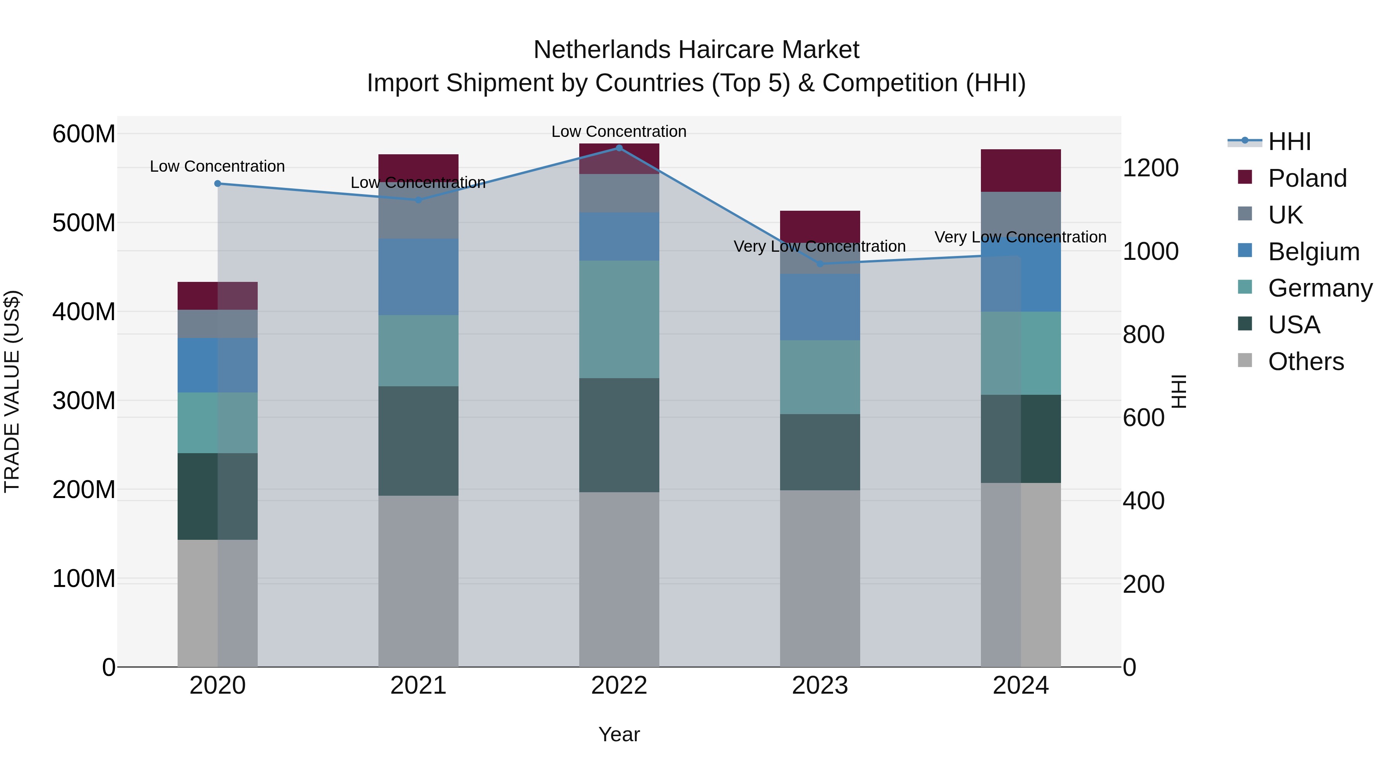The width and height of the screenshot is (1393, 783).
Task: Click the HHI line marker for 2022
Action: pyautogui.click(x=619, y=148)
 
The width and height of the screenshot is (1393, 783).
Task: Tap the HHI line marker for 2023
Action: pyautogui.click(x=820, y=264)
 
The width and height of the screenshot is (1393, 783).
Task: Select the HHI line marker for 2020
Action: pyautogui.click(x=217, y=184)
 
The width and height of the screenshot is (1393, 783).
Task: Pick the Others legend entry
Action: pyautogui.click(x=1306, y=362)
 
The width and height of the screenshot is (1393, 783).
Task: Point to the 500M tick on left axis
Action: pyautogui.click(x=84, y=223)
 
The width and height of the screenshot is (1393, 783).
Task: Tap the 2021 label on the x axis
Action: pyautogui.click(x=418, y=686)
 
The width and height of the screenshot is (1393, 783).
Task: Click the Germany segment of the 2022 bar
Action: pyautogui.click(x=619, y=319)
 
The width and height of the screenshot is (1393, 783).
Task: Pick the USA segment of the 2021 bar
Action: pyautogui.click(x=418, y=440)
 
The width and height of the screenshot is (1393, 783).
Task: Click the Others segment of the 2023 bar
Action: pyautogui.click(x=820, y=578)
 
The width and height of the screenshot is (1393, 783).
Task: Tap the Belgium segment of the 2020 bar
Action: pyautogui.click(x=217, y=365)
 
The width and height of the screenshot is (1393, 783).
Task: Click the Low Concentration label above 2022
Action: pyautogui.click(x=619, y=131)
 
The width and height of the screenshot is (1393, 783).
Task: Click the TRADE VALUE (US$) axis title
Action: pyautogui.click(x=12, y=391)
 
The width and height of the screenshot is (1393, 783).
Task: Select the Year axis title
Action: pyautogui.click(x=619, y=734)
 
